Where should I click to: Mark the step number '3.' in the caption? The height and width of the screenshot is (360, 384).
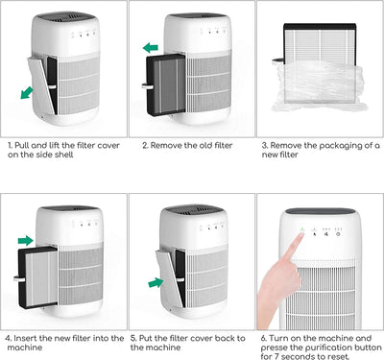pyautogui.click(x=264, y=145)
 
